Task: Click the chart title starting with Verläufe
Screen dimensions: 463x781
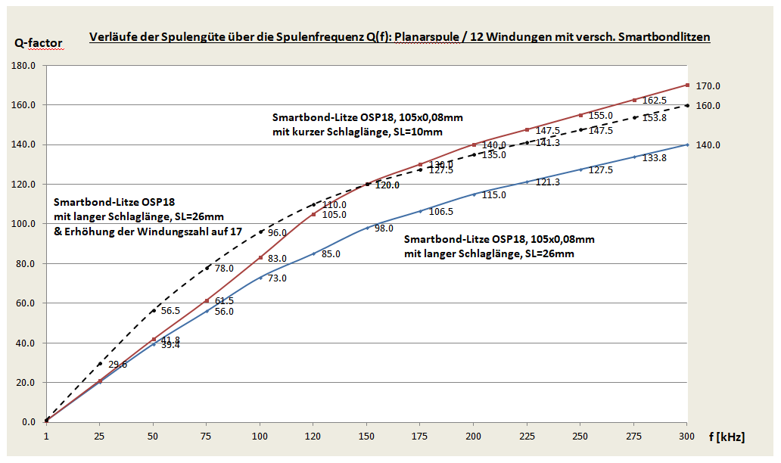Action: click(x=400, y=36)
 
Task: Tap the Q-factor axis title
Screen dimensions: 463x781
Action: click(x=38, y=43)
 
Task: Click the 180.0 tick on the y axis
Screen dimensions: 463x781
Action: click(x=24, y=66)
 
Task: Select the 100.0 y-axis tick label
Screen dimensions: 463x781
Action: click(x=24, y=224)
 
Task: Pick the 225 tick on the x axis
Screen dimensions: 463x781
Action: click(x=527, y=437)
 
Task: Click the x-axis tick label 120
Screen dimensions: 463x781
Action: click(x=313, y=437)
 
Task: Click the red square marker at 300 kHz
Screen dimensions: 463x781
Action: click(x=687, y=85)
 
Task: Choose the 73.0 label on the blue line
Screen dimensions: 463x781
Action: click(x=277, y=278)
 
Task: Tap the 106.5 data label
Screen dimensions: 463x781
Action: click(x=441, y=212)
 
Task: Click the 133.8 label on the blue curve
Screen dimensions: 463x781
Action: click(x=655, y=158)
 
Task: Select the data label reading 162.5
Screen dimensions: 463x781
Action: click(x=655, y=101)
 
